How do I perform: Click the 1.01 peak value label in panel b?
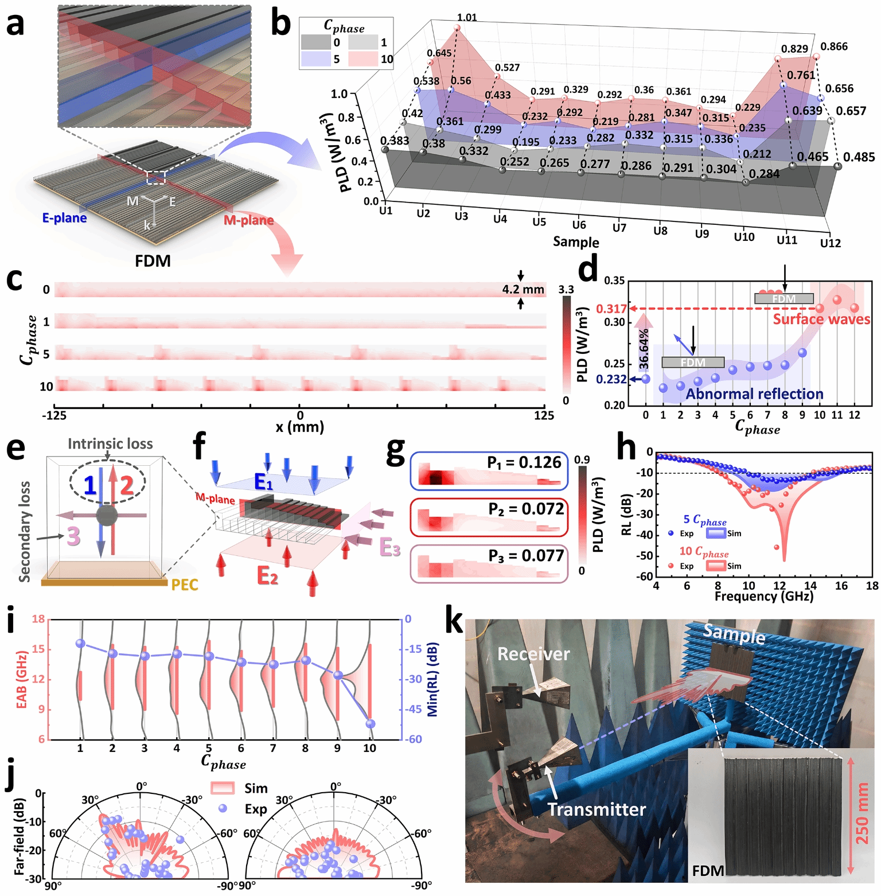tap(467, 18)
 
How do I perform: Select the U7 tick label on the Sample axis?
tap(619, 228)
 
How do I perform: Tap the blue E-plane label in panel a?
tap(64, 218)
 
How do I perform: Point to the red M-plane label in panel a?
tap(248, 220)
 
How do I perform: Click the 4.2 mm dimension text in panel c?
tap(523, 290)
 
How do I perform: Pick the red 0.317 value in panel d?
tap(611, 309)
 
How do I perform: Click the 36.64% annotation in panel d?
tap(644, 348)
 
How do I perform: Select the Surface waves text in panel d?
tap(821, 320)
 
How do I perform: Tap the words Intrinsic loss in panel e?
tap(110, 443)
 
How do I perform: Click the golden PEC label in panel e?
tap(185, 585)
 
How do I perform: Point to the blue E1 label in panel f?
tap(264, 483)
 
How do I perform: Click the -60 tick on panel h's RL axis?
tap(645, 576)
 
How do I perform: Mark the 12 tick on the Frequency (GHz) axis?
tap(779, 586)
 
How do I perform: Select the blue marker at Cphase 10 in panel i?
tap(370, 724)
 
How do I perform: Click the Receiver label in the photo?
tap(533, 654)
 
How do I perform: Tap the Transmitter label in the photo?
tap(597, 809)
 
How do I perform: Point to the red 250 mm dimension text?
tap(862, 814)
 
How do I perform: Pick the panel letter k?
tap(454, 621)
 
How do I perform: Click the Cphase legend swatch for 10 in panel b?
tap(362, 59)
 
